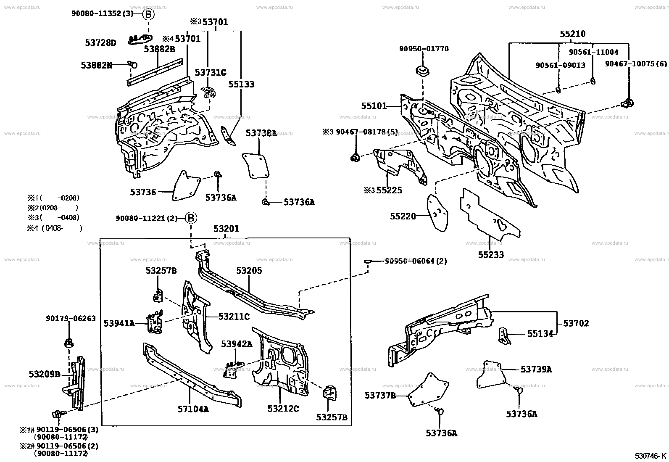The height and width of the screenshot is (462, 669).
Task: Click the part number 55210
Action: pos(572,34)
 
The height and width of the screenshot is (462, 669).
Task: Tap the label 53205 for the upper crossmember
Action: pos(249,270)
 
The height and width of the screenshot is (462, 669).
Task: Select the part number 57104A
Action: pos(193,409)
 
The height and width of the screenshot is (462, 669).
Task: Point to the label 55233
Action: pos(491,255)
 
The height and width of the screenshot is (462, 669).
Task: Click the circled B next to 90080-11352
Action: pos(148,14)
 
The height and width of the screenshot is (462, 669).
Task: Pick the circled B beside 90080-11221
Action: pos(191,218)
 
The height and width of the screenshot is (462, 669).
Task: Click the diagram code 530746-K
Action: pos(651,456)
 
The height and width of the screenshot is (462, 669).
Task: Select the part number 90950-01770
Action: pos(424,49)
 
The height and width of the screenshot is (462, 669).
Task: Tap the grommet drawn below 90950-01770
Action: pos(423,71)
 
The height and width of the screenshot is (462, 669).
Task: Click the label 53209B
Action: pos(45,374)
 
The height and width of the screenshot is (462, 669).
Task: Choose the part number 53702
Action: pos(576,323)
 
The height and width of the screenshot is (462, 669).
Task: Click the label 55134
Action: pos(540,333)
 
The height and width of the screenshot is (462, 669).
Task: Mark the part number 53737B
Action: pos(380,396)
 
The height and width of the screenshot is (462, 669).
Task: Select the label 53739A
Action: pos(536,370)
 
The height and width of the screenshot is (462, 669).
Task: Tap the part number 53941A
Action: pos(119,323)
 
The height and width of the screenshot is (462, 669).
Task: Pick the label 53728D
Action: pos(101,43)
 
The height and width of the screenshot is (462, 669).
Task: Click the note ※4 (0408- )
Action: pos(55,229)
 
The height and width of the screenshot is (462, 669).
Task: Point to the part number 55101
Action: pos(374,106)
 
